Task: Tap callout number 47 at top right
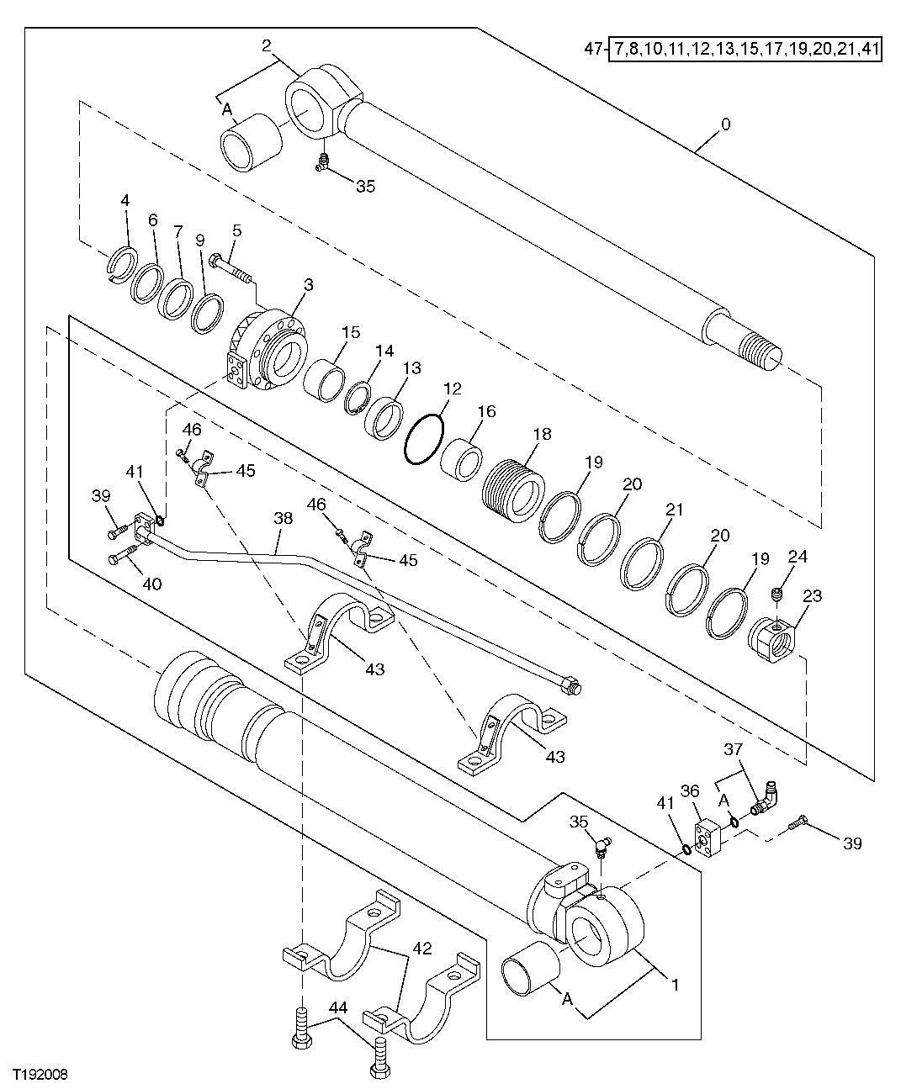click(x=592, y=50)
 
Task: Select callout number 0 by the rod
click(x=725, y=124)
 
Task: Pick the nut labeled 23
click(x=771, y=642)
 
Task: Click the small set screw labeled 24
click(x=777, y=595)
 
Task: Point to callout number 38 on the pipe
click(x=283, y=519)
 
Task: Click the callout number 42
click(x=422, y=948)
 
